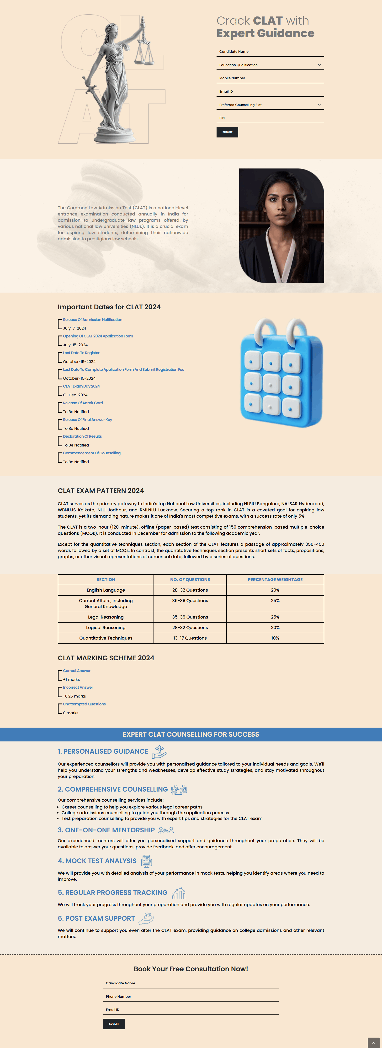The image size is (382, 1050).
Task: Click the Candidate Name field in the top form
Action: click(270, 52)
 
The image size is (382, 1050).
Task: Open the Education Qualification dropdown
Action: click(270, 65)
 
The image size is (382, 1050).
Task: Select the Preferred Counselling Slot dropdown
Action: click(270, 105)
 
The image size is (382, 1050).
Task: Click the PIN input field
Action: click(270, 118)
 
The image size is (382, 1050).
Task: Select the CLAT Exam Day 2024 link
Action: click(81, 386)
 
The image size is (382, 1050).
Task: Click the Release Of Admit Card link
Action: click(83, 403)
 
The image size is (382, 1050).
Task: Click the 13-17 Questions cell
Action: click(190, 638)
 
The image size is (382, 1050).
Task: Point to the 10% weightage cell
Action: click(275, 638)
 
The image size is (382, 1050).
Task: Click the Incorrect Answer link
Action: click(78, 687)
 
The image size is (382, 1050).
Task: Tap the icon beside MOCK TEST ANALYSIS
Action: click(146, 861)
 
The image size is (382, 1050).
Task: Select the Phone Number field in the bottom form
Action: click(191, 996)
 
